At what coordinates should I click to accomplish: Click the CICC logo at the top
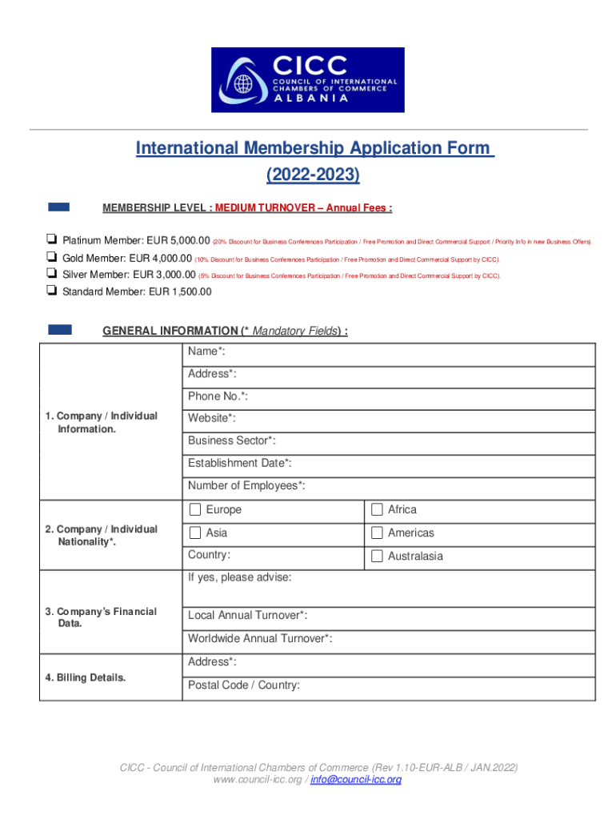tap(307, 79)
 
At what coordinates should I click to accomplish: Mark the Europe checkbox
tap(195, 510)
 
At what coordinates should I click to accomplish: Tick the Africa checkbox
tap(377, 510)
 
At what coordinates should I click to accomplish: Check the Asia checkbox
tap(195, 533)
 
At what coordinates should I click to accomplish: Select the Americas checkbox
tap(377, 533)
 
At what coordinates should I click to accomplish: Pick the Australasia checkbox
tap(377, 556)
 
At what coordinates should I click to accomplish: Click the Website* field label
tap(212, 418)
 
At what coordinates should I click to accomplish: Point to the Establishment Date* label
tap(239, 463)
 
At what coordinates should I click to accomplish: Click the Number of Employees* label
tap(246, 485)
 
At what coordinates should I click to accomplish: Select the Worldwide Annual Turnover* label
tap(260, 638)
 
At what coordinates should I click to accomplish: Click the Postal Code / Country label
tap(244, 685)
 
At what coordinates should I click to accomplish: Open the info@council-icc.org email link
tap(355, 779)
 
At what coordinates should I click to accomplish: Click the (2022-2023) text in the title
tap(313, 174)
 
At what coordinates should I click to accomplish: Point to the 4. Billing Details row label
tap(85, 677)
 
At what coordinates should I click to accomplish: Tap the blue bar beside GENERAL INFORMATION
tap(60, 329)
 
